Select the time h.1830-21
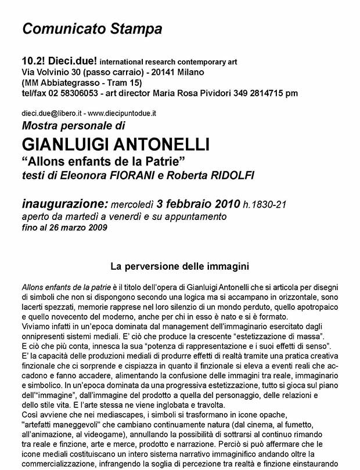coord(265,204)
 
